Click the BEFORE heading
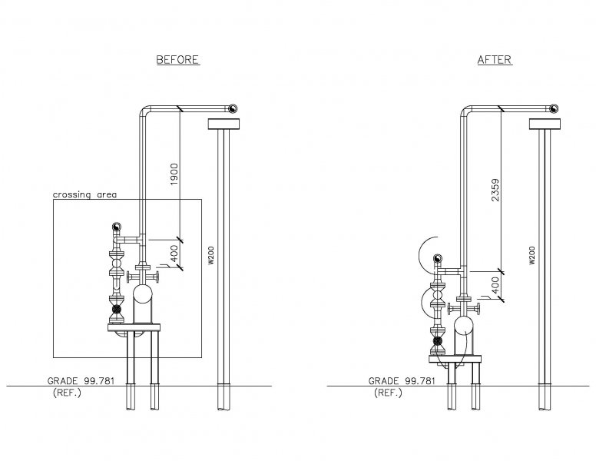click(x=178, y=60)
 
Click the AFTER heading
click(x=495, y=60)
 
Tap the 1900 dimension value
click(x=174, y=174)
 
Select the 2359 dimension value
click(x=495, y=190)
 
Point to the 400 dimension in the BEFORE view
click(x=174, y=254)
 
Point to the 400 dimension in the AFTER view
click(x=495, y=285)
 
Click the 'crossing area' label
click(x=84, y=194)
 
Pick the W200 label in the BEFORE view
click(x=211, y=255)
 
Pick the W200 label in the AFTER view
click(x=532, y=255)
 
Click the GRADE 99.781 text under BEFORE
click(x=81, y=381)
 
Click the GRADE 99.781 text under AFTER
click(x=402, y=381)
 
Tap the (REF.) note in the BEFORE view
click(x=67, y=393)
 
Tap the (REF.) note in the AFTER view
click(x=388, y=393)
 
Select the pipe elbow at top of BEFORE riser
click(x=144, y=110)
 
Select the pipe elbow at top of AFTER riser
click(x=465, y=110)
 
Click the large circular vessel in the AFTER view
click(x=463, y=325)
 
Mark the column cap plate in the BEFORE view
click(x=223, y=124)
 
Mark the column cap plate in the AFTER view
click(x=545, y=124)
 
